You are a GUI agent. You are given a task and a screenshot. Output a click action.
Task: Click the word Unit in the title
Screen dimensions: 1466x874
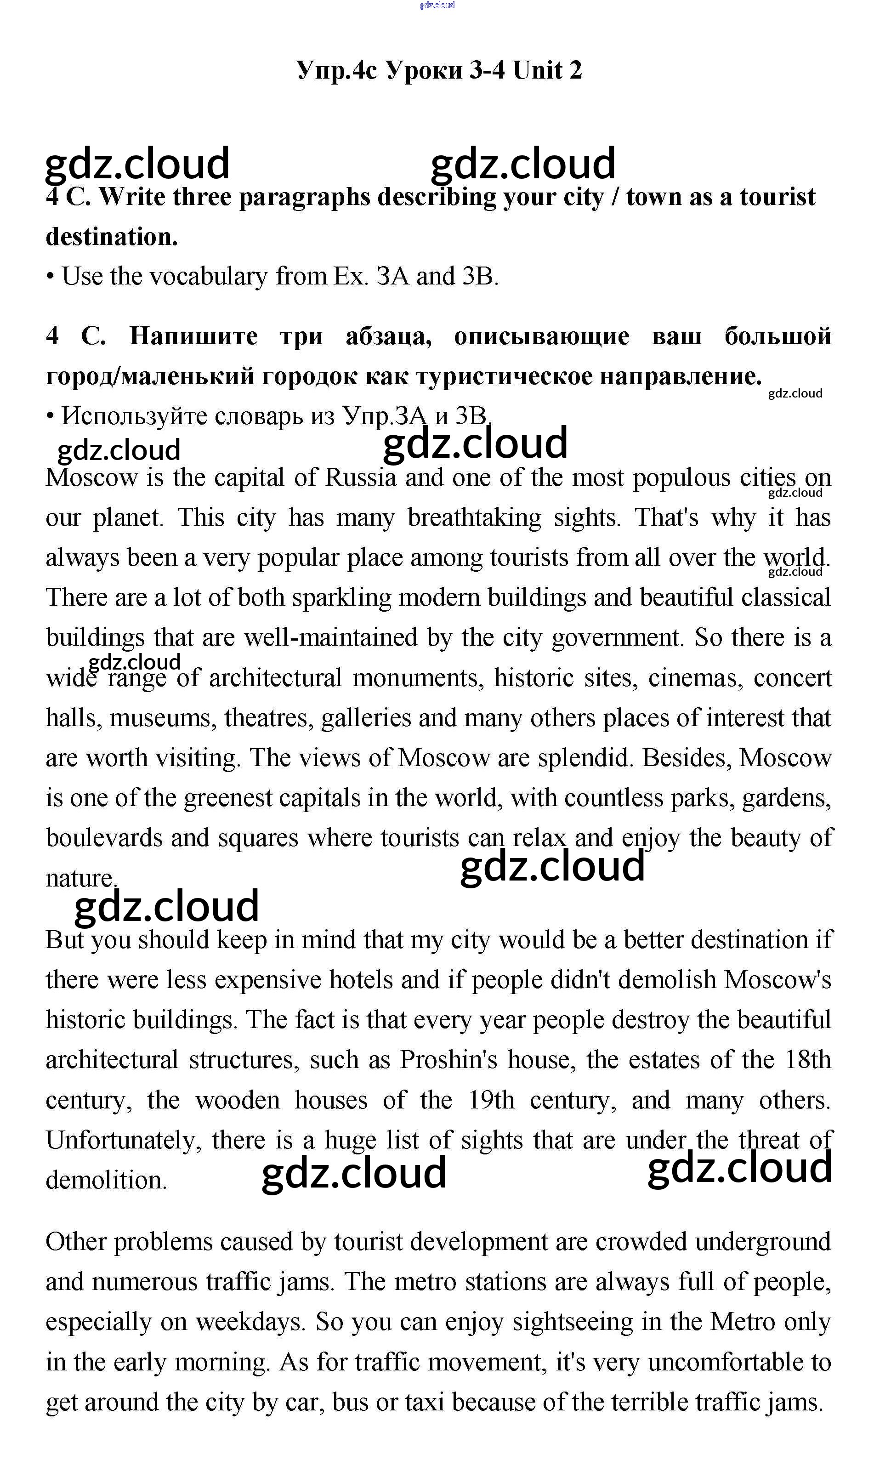537,71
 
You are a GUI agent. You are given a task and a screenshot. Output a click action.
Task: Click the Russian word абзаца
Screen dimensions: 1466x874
389,336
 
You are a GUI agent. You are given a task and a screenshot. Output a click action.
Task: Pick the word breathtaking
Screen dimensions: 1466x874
474,518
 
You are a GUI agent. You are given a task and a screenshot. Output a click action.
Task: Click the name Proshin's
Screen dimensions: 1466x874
448,1060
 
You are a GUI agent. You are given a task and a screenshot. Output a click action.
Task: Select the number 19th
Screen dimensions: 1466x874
491,1100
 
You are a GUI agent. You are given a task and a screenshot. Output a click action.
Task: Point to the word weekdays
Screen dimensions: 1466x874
250,1322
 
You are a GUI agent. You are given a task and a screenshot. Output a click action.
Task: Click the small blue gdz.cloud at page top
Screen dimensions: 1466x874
437,6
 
